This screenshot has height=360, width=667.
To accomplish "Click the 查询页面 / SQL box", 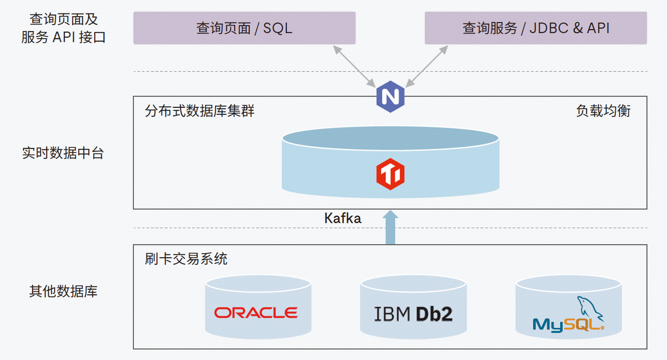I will click(244, 28).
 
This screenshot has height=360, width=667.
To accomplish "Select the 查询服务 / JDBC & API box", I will click(536, 28).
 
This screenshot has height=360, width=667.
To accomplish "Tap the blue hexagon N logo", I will click(390, 96).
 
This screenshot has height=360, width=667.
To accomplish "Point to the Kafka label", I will click(342, 218).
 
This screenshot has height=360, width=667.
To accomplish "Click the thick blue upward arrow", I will click(390, 227).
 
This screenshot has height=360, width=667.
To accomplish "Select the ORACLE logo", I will click(255, 313).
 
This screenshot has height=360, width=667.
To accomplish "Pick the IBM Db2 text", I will click(413, 314).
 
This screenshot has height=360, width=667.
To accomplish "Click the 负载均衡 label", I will click(603, 111).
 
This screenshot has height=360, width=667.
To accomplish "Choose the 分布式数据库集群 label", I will click(200, 111).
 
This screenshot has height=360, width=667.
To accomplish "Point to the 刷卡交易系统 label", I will click(186, 259).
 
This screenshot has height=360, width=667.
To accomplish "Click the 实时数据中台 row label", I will click(63, 153).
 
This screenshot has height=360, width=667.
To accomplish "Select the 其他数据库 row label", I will click(63, 291).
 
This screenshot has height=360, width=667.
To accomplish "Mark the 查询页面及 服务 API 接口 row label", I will click(63, 29).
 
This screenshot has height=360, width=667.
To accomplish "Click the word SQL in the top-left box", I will click(277, 28).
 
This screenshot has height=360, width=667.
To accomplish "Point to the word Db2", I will click(434, 314).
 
